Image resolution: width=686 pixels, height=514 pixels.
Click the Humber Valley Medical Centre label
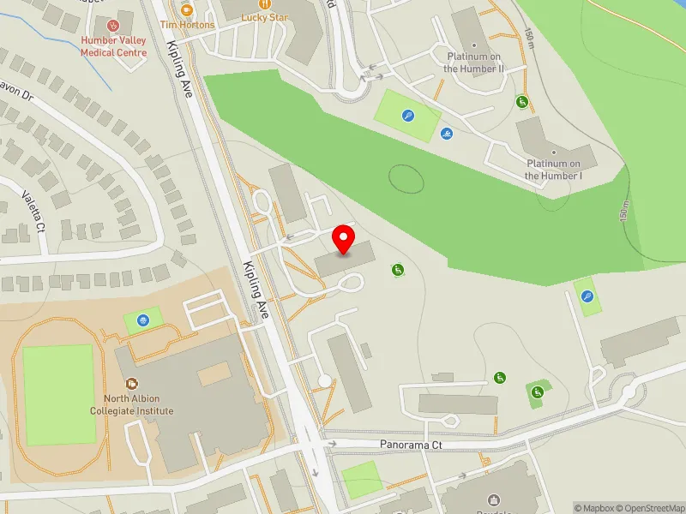click(113, 46)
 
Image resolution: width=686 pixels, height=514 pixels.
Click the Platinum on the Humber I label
click(554, 170)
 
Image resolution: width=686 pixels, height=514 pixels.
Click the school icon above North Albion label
click(132, 385)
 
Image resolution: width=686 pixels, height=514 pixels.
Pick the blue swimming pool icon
click(447, 134)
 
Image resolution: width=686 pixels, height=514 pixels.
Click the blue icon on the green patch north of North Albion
click(142, 321)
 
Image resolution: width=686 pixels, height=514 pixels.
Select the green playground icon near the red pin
click(398, 271)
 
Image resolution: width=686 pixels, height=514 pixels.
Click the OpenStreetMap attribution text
click(655, 508)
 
